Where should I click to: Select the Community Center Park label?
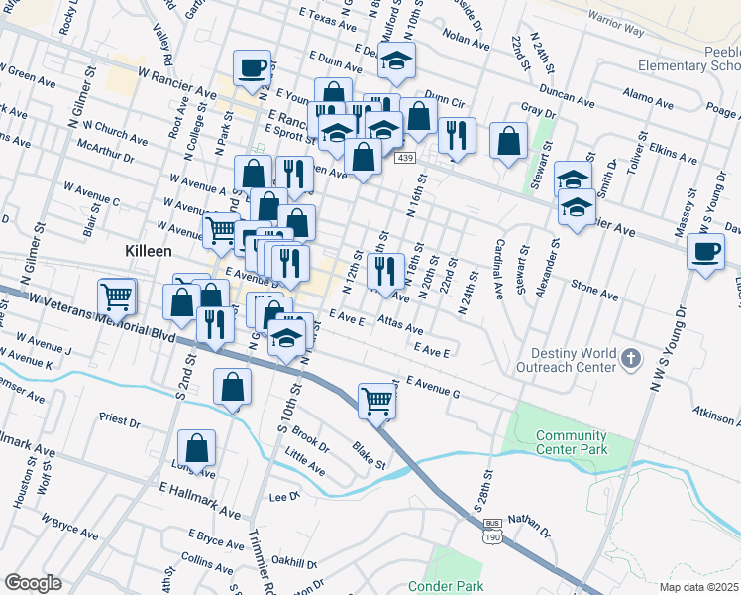pos(571,442)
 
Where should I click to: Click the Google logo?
pos(34,583)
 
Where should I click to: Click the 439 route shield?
pos(404,158)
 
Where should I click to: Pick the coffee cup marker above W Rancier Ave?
pos(252,68)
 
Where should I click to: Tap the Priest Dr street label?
pos(120,420)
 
